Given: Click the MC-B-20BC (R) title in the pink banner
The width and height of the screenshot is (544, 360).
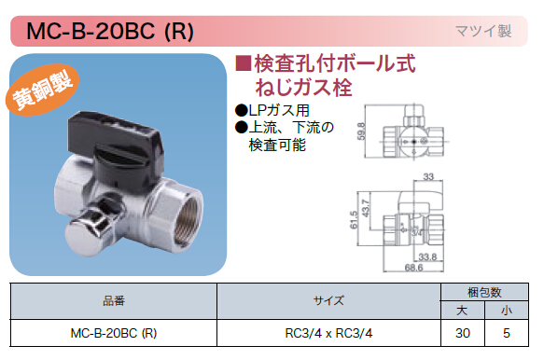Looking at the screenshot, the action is (109, 31).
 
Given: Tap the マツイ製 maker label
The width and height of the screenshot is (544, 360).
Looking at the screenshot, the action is (483, 31).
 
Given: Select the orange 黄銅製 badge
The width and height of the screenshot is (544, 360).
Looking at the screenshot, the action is (42, 90).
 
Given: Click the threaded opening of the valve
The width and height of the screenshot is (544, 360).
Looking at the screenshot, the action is (187, 221).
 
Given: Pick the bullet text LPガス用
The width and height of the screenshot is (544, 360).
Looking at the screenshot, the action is (272, 110).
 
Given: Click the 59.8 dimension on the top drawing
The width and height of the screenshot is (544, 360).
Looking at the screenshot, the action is (361, 132).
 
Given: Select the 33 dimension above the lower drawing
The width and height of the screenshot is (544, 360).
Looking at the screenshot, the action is (428, 176).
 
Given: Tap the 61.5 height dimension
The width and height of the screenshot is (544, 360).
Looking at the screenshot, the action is (354, 220).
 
